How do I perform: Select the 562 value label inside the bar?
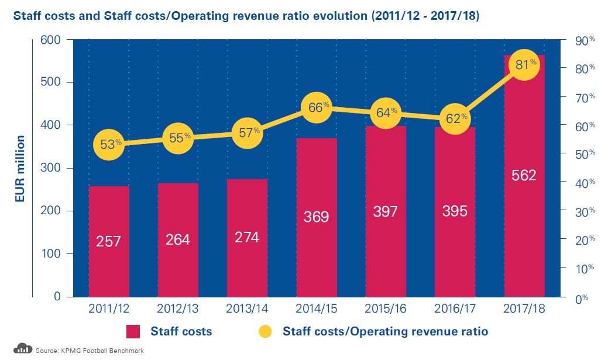click(523, 175)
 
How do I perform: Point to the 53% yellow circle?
click(109, 144)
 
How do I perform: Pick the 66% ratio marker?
click(317, 108)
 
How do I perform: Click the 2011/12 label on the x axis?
click(109, 308)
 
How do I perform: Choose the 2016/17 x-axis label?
click(455, 308)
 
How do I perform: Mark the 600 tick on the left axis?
click(51, 39)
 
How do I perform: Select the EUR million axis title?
click(20, 168)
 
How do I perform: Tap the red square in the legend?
click(135, 331)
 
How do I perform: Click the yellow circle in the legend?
click(266, 331)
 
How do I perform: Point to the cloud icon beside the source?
click(22, 349)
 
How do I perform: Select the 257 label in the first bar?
click(109, 241)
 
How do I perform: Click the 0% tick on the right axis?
click(579, 298)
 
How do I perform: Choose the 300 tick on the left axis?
click(51, 168)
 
